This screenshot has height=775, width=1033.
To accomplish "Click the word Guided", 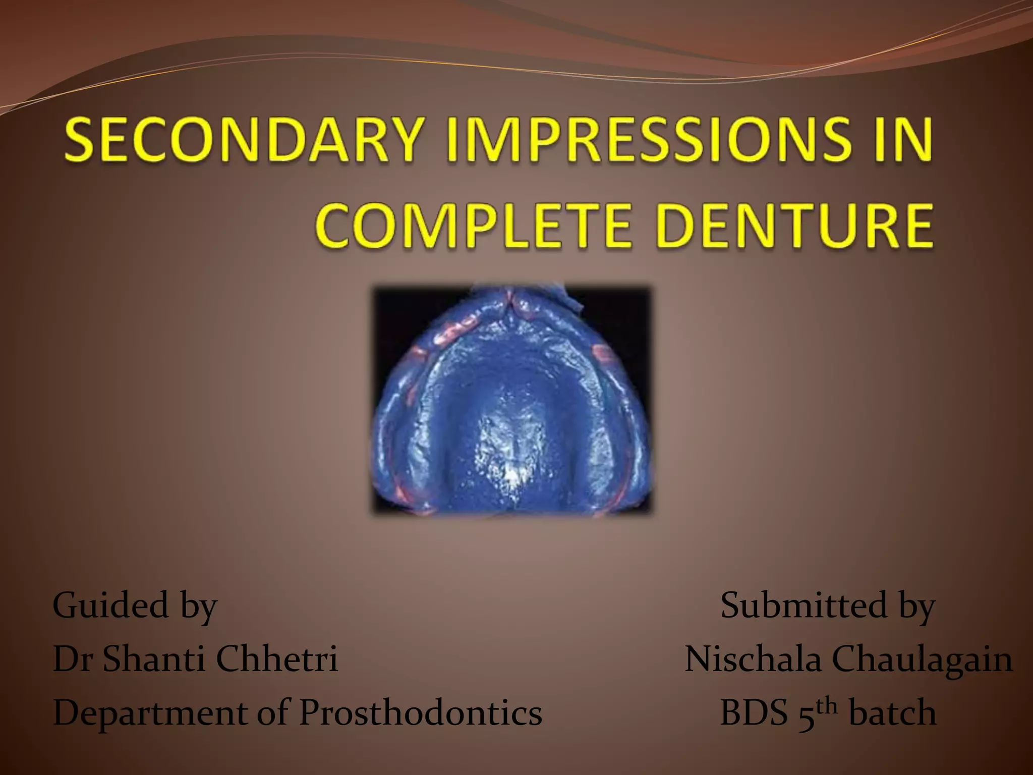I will pos(110,605).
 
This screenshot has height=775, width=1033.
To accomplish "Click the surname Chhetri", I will pos(276,659).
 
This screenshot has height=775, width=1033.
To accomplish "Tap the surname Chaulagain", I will pos(922,659).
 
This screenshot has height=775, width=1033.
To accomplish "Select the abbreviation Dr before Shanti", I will pos(72,659).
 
